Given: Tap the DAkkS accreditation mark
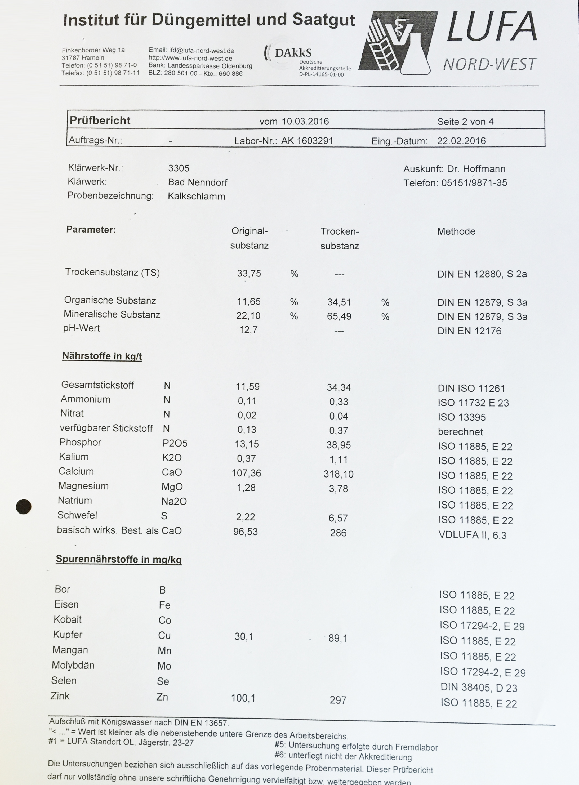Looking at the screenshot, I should pos(293,53).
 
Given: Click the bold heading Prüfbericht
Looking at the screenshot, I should pos(100,121).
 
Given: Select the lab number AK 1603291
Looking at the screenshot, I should pos(307,141).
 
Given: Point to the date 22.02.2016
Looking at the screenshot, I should pos(461,141).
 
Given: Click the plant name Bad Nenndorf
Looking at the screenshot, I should pos(198,182).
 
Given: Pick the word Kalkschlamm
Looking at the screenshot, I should pos(196,196).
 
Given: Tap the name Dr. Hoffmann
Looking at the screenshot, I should pos(476,169).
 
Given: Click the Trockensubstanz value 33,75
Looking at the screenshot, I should pos(249,273).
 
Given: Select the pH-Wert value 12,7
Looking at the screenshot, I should pos(248,330).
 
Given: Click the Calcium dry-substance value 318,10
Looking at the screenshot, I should pos(339,474).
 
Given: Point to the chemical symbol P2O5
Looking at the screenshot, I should pos(175,443).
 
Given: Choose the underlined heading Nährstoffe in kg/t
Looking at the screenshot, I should pos(102,356).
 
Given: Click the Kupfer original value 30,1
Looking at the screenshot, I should pos(244,636).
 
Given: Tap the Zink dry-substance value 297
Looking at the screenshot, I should pos(338,700).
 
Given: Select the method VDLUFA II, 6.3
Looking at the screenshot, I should pos(473,535).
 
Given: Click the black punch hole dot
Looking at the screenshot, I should pos(24,506).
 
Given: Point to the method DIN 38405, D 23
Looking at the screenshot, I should pos(479,688).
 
